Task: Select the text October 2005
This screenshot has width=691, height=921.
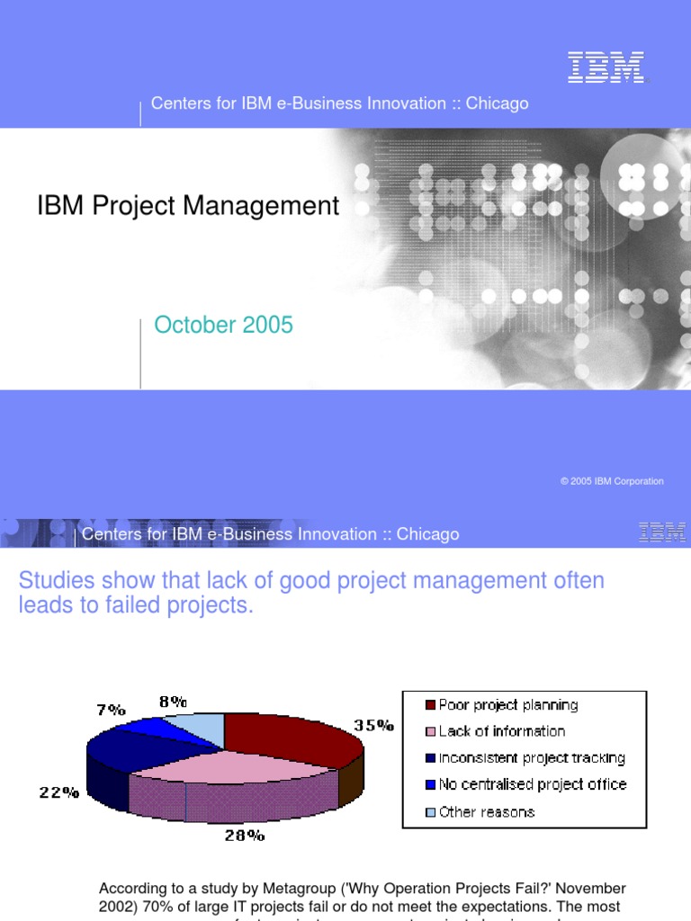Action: pyautogui.click(x=223, y=326)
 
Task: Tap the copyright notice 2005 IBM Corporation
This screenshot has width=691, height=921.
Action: pyautogui.click(x=612, y=481)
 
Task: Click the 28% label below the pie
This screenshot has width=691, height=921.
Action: pyautogui.click(x=245, y=836)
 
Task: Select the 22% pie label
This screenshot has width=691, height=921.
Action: pyautogui.click(x=58, y=793)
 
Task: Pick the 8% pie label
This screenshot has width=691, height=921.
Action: pyautogui.click(x=173, y=701)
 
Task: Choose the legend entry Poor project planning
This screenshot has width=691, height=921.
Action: pyautogui.click(x=507, y=705)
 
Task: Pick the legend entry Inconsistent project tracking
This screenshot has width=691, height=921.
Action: pyautogui.click(x=531, y=758)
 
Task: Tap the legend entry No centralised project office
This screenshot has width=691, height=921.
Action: pyautogui.click(x=532, y=784)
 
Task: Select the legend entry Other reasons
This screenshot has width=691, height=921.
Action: pyautogui.click(x=486, y=812)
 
